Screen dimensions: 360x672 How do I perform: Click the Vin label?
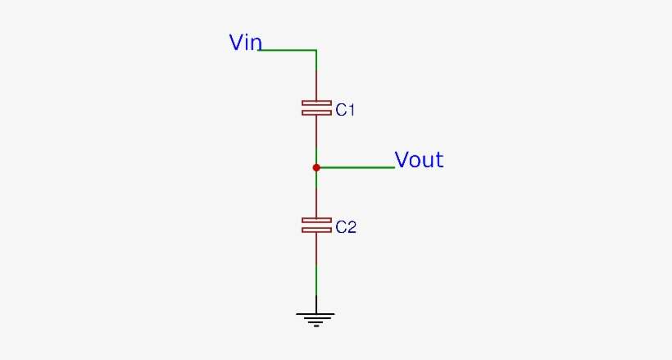coord(245,43)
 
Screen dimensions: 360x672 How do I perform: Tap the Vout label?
coord(419,160)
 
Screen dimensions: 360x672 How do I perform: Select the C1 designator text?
coord(345,110)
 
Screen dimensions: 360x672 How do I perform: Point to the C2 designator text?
coord(346,227)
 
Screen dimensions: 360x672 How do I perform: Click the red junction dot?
coord(316,167)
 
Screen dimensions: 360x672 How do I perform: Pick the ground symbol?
coord(316,319)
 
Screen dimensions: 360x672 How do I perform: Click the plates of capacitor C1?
coord(316,107)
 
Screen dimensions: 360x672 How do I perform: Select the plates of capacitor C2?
coord(316,225)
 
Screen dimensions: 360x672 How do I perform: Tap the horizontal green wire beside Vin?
coord(287,50)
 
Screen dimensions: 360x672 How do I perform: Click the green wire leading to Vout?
coord(356,167)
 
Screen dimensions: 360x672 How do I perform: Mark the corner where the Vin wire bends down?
coord(316,50)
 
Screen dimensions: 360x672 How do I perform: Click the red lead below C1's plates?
coord(316,131)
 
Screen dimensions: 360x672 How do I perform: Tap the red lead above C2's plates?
coord(316,201)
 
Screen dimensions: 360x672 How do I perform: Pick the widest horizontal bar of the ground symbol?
coord(316,314)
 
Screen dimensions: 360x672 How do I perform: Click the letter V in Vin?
coord(237,43)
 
